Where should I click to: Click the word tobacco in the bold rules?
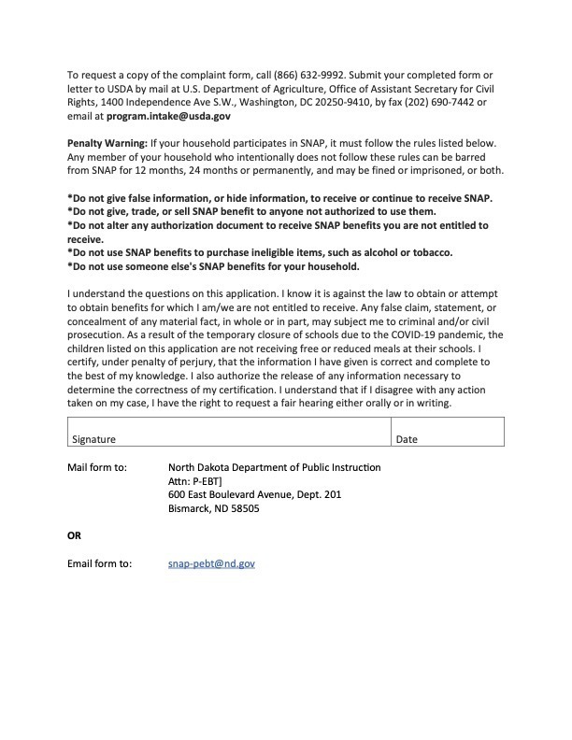[429, 252]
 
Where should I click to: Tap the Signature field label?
[94, 438]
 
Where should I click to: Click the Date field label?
[407, 438]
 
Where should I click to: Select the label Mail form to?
[97, 467]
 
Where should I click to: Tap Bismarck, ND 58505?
[213, 508]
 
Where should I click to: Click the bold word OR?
[74, 535]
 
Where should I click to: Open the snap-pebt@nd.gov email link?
[211, 563]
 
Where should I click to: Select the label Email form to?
[100, 563]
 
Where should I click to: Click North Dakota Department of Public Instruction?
[274, 467]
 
